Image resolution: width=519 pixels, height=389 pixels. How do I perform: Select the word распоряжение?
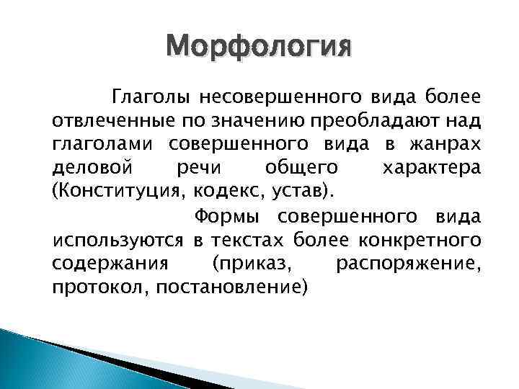409,264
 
